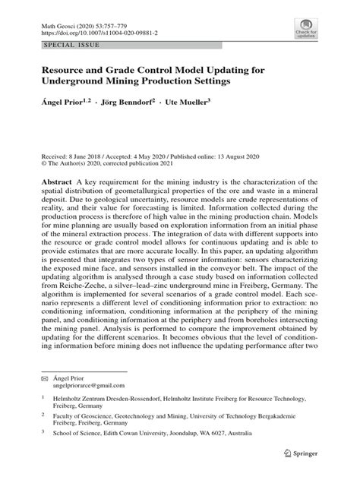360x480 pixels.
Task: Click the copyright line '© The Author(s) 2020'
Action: pos(72,163)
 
